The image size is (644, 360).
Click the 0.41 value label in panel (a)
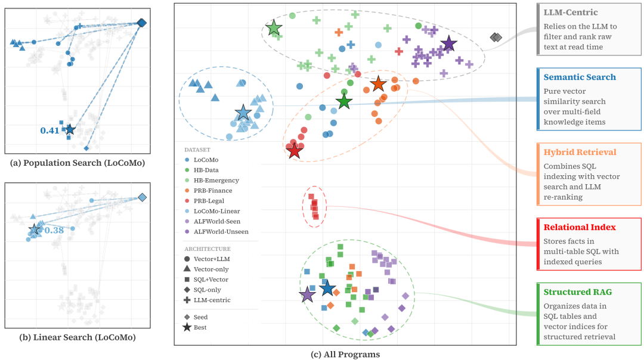49,130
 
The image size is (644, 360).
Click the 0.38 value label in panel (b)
55,229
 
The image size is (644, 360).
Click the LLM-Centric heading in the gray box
571,13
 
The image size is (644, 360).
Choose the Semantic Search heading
580,77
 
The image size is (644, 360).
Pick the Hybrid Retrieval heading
580,152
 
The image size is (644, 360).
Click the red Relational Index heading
580,227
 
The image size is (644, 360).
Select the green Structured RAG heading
577,292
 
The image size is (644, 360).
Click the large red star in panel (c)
294,151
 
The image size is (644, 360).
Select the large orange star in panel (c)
378,84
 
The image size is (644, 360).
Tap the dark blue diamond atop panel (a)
141,23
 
